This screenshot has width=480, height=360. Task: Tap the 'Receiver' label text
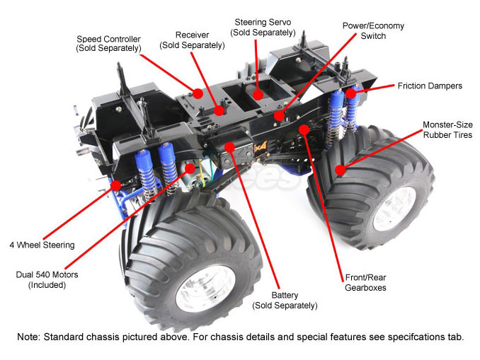click(x=191, y=40)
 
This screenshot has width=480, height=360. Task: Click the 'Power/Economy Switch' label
click(x=373, y=30)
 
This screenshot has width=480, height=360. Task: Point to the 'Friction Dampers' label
click(x=430, y=86)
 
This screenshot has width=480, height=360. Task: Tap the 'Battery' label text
click(x=285, y=300)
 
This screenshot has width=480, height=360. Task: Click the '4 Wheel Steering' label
click(x=42, y=245)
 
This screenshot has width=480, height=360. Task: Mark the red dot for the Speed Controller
click(x=198, y=93)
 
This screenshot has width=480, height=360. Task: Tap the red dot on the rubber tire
click(x=341, y=170)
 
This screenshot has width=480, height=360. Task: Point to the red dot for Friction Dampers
click(x=350, y=94)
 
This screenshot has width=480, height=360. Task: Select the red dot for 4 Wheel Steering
click(x=115, y=185)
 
